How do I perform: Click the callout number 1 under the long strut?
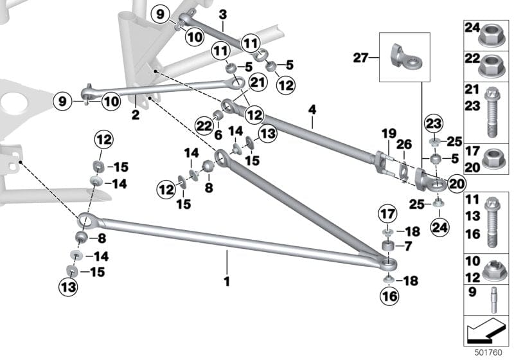click(226, 281)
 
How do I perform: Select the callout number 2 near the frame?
click(136, 116)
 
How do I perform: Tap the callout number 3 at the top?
click(222, 14)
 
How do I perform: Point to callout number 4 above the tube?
click(312, 111)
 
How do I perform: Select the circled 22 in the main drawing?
click(204, 127)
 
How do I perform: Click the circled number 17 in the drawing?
click(387, 213)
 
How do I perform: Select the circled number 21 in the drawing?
click(239, 82)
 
